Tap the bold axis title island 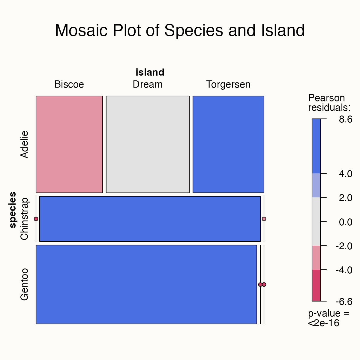tap(150, 72)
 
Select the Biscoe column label tap(69, 85)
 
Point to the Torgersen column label tap(228, 85)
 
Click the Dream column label tap(148, 85)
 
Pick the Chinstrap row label tap(24, 219)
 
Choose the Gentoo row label tap(24, 284)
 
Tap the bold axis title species tap(13, 210)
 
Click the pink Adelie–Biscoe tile tap(69, 144)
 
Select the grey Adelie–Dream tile tap(148, 144)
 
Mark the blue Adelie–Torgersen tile tap(228, 144)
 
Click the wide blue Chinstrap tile tap(150, 219)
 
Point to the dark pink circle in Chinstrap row tap(36, 219)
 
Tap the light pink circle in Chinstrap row tap(264, 219)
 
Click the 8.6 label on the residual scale tap(346, 120)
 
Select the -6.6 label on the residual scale tap(344, 301)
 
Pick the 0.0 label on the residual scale tap(346, 222)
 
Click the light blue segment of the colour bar tap(316, 185)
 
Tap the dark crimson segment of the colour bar tap(316, 285)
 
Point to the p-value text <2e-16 tap(324, 323)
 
